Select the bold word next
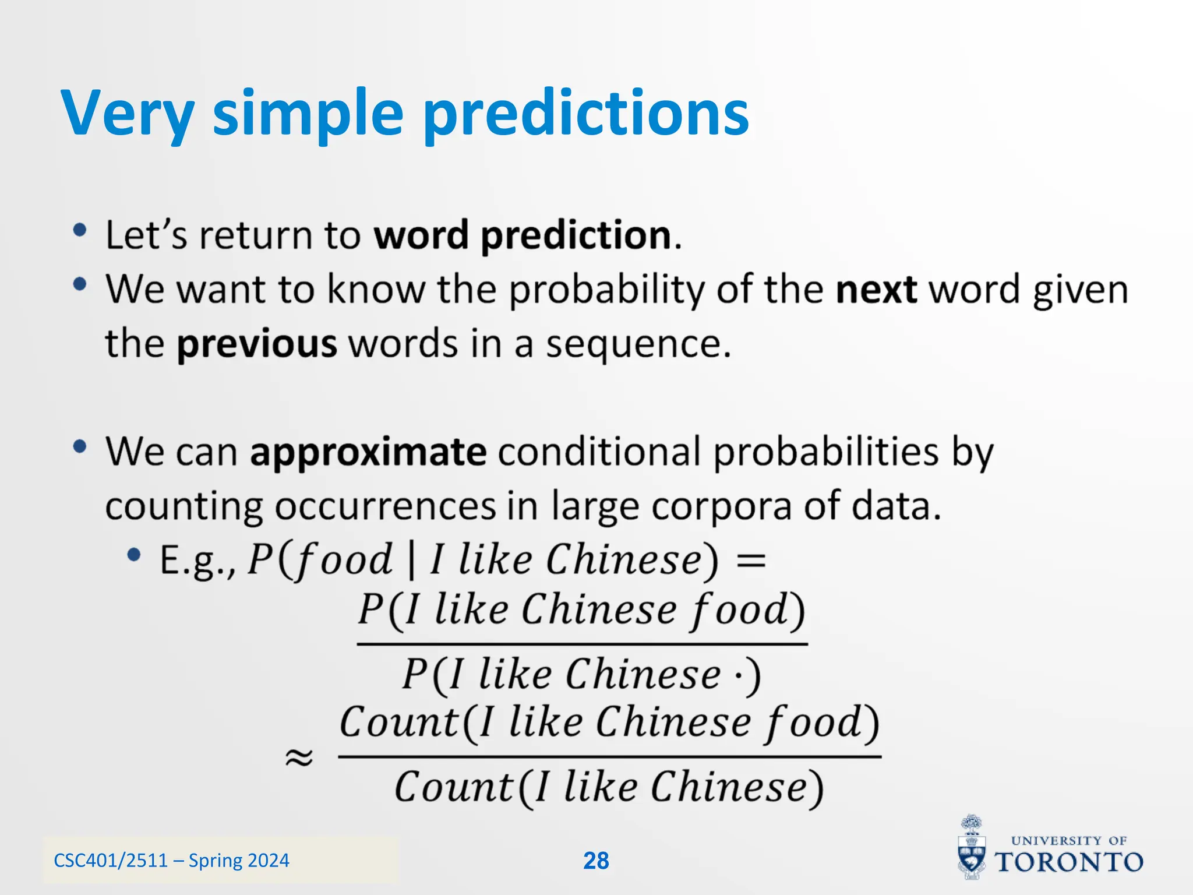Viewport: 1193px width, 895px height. tap(876, 290)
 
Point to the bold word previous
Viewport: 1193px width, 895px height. tap(257, 344)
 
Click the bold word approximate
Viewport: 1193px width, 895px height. tap(368, 452)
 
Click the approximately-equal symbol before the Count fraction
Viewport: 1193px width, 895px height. tap(299, 757)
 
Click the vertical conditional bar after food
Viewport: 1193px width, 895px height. tap(412, 561)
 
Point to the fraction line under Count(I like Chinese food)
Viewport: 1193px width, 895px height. tap(609, 757)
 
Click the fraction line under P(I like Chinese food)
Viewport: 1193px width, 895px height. tap(582, 644)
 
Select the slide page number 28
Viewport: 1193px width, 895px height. tap(596, 861)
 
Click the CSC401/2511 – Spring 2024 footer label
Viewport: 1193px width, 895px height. tap(171, 861)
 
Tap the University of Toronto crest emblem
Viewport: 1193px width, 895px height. tap(972, 848)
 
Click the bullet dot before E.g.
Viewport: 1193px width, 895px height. tap(134, 555)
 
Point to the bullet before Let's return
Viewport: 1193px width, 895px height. tap(80, 230)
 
